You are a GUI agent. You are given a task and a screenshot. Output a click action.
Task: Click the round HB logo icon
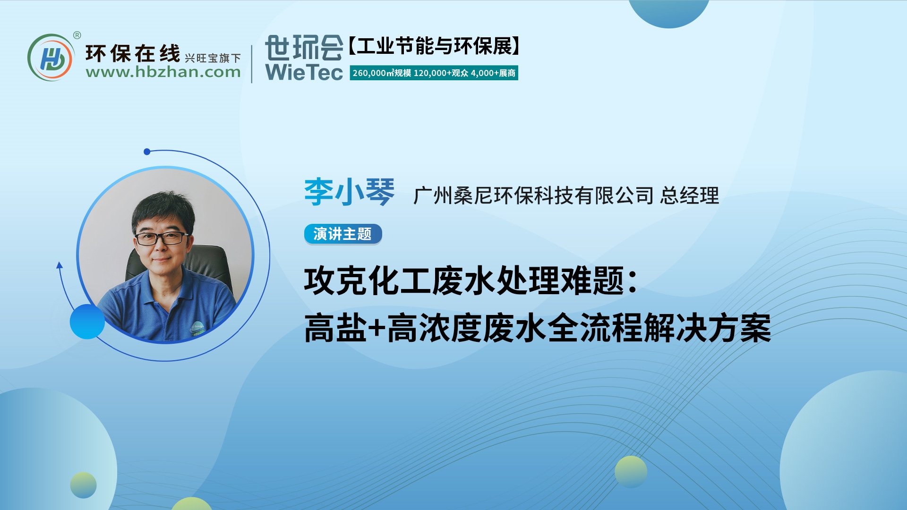pos(51,58)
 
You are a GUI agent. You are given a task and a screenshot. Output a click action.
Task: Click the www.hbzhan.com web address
pos(163,72)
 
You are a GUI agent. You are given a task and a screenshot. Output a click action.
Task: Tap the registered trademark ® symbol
pos(77,35)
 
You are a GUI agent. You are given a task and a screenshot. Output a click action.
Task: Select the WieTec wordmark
pos(304,72)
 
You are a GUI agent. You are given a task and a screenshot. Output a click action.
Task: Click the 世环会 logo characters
pos(304,47)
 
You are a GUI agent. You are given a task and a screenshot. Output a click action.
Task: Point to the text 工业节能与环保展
pos(434,46)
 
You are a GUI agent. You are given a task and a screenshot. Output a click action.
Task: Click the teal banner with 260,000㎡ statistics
pos(434,73)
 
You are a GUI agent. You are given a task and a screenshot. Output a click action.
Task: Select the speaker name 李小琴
pos(349,192)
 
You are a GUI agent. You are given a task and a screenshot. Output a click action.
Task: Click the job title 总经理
pos(689,195)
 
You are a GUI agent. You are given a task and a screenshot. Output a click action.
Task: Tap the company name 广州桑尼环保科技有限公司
pos(533,195)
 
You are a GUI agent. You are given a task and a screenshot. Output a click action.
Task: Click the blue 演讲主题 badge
pos(342,234)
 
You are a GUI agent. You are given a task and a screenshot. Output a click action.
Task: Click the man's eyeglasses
pos(162,238)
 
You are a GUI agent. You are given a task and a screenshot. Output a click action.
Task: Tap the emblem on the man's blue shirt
pos(197,326)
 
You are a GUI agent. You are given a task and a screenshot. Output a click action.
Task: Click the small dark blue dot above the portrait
pos(147,152)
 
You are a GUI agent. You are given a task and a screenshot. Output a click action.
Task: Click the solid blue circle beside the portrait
pos(87,321)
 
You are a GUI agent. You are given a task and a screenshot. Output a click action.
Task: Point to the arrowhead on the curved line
pos(60,265)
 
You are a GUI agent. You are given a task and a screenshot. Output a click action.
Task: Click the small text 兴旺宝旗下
pos(213,58)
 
